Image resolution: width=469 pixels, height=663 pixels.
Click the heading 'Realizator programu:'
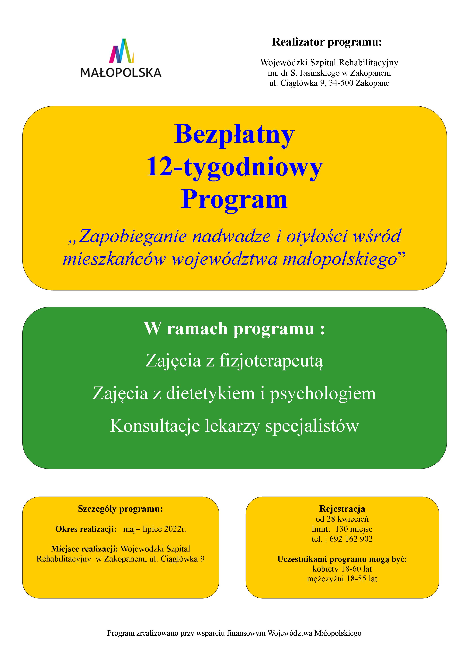[x=327, y=42]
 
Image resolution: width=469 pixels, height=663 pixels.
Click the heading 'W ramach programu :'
[x=234, y=329]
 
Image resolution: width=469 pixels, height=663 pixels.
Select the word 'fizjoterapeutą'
[x=271, y=361]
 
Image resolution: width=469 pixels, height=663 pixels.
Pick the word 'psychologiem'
[x=323, y=393]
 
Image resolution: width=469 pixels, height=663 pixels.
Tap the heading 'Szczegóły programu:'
[x=120, y=509]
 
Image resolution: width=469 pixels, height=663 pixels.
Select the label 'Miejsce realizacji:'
[x=84, y=549]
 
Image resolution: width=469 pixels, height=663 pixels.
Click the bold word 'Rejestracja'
[x=342, y=509]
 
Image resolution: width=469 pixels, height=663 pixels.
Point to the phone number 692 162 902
[x=351, y=539]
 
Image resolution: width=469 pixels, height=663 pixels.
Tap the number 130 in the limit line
[x=341, y=529]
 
